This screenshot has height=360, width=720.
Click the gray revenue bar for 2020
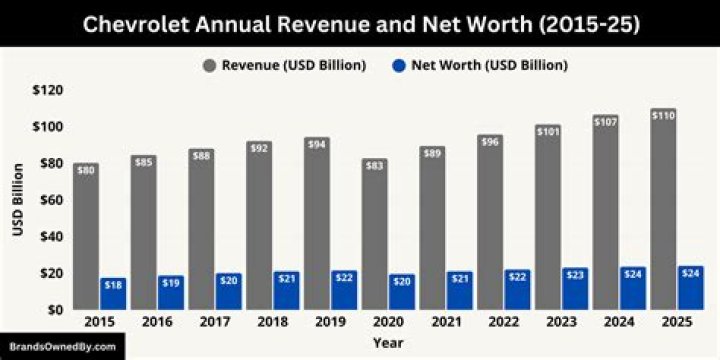point(374,234)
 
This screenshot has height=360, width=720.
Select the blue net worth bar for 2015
point(113,294)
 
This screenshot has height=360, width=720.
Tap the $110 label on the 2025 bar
point(664,116)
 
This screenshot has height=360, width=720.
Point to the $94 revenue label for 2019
point(317,145)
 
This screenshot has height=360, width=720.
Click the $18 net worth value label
point(113,285)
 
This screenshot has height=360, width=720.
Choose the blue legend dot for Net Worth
point(399,66)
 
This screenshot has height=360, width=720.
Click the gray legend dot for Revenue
point(209,66)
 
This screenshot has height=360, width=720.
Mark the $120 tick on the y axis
point(47,90)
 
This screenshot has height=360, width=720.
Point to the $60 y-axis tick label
point(51,200)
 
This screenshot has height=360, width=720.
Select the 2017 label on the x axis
point(214,322)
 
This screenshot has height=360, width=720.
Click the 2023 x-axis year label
point(561,322)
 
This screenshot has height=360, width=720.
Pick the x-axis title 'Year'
point(388,343)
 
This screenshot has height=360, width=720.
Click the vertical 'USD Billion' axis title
point(18,200)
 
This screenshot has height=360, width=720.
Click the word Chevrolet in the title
point(135,25)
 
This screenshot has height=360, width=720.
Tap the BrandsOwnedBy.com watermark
point(62,347)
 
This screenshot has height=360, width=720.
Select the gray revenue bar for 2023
point(548,217)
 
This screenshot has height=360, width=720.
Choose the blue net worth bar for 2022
point(518,290)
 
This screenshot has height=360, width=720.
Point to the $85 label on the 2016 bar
point(143,163)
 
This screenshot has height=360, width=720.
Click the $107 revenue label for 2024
point(606,122)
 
